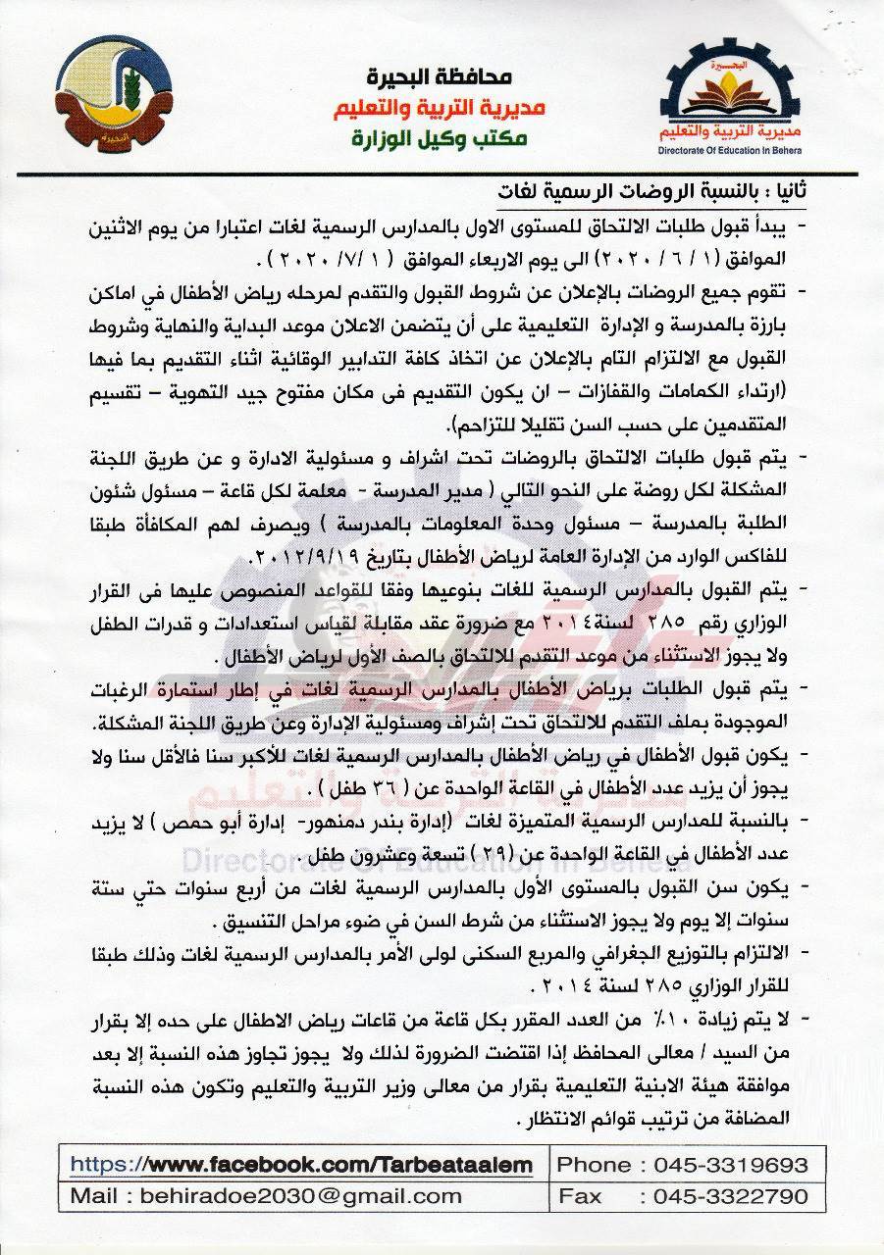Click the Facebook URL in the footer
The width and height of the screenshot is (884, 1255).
tap(302, 1165)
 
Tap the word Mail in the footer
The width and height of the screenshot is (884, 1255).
tap(102, 1196)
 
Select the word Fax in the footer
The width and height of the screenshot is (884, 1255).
tap(579, 1196)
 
